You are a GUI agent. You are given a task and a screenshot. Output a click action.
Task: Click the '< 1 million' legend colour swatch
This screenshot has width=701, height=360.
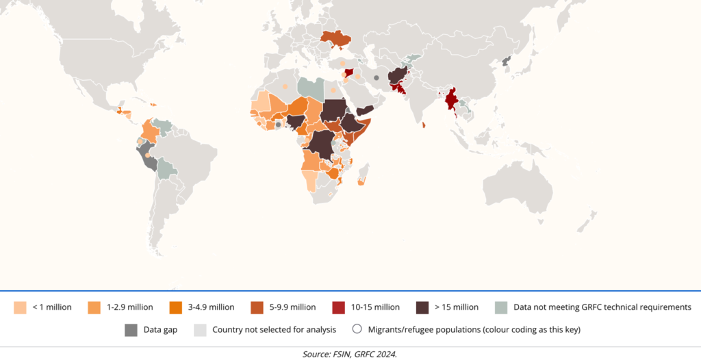20,307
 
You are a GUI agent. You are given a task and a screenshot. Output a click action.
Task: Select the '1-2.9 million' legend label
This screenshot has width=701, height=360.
129,307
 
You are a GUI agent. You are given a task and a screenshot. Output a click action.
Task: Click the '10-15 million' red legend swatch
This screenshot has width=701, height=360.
339,307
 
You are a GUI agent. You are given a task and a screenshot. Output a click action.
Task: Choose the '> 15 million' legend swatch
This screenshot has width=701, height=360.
423,307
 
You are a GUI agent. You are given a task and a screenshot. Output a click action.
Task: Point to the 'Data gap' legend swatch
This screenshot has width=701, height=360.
130,329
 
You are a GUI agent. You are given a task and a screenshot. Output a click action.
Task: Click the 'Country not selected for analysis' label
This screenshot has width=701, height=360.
274,329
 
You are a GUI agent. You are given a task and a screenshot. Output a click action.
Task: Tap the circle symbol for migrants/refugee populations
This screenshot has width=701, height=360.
357,329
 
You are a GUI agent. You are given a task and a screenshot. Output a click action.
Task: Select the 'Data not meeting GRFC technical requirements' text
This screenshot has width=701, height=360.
602,307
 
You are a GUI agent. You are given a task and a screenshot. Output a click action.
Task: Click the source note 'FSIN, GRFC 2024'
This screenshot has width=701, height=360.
350,354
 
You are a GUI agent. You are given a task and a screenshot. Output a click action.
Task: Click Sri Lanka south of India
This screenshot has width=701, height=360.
424,125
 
